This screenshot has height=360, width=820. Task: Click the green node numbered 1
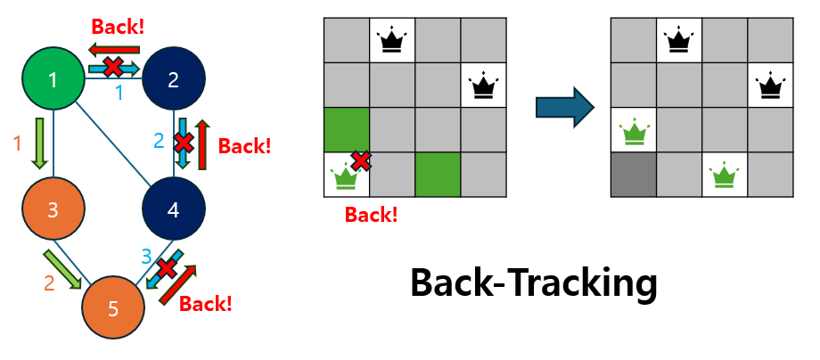[x=53, y=79]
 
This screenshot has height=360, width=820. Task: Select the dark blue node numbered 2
[x=174, y=79]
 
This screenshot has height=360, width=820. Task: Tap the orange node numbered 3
[x=53, y=210]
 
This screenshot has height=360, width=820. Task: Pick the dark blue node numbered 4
[x=174, y=210]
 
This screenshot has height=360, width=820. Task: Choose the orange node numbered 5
[x=113, y=309]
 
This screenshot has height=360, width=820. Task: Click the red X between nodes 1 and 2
[x=113, y=66]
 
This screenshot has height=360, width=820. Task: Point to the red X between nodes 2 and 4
[x=183, y=143]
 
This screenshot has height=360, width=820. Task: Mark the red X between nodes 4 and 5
[x=166, y=268]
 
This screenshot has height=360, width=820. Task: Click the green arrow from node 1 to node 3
[x=39, y=143]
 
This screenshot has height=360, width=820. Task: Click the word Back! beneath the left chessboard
[x=371, y=214]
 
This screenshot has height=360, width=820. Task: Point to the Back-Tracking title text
[x=533, y=283]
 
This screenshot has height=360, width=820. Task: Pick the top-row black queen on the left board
[x=392, y=40]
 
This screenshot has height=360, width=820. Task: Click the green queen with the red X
[x=346, y=176]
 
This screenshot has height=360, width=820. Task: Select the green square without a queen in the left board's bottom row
[x=438, y=175]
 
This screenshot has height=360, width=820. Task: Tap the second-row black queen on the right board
[x=769, y=86]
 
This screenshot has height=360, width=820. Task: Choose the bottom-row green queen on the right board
[x=724, y=176]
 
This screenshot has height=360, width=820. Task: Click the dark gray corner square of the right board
[x=633, y=175]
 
